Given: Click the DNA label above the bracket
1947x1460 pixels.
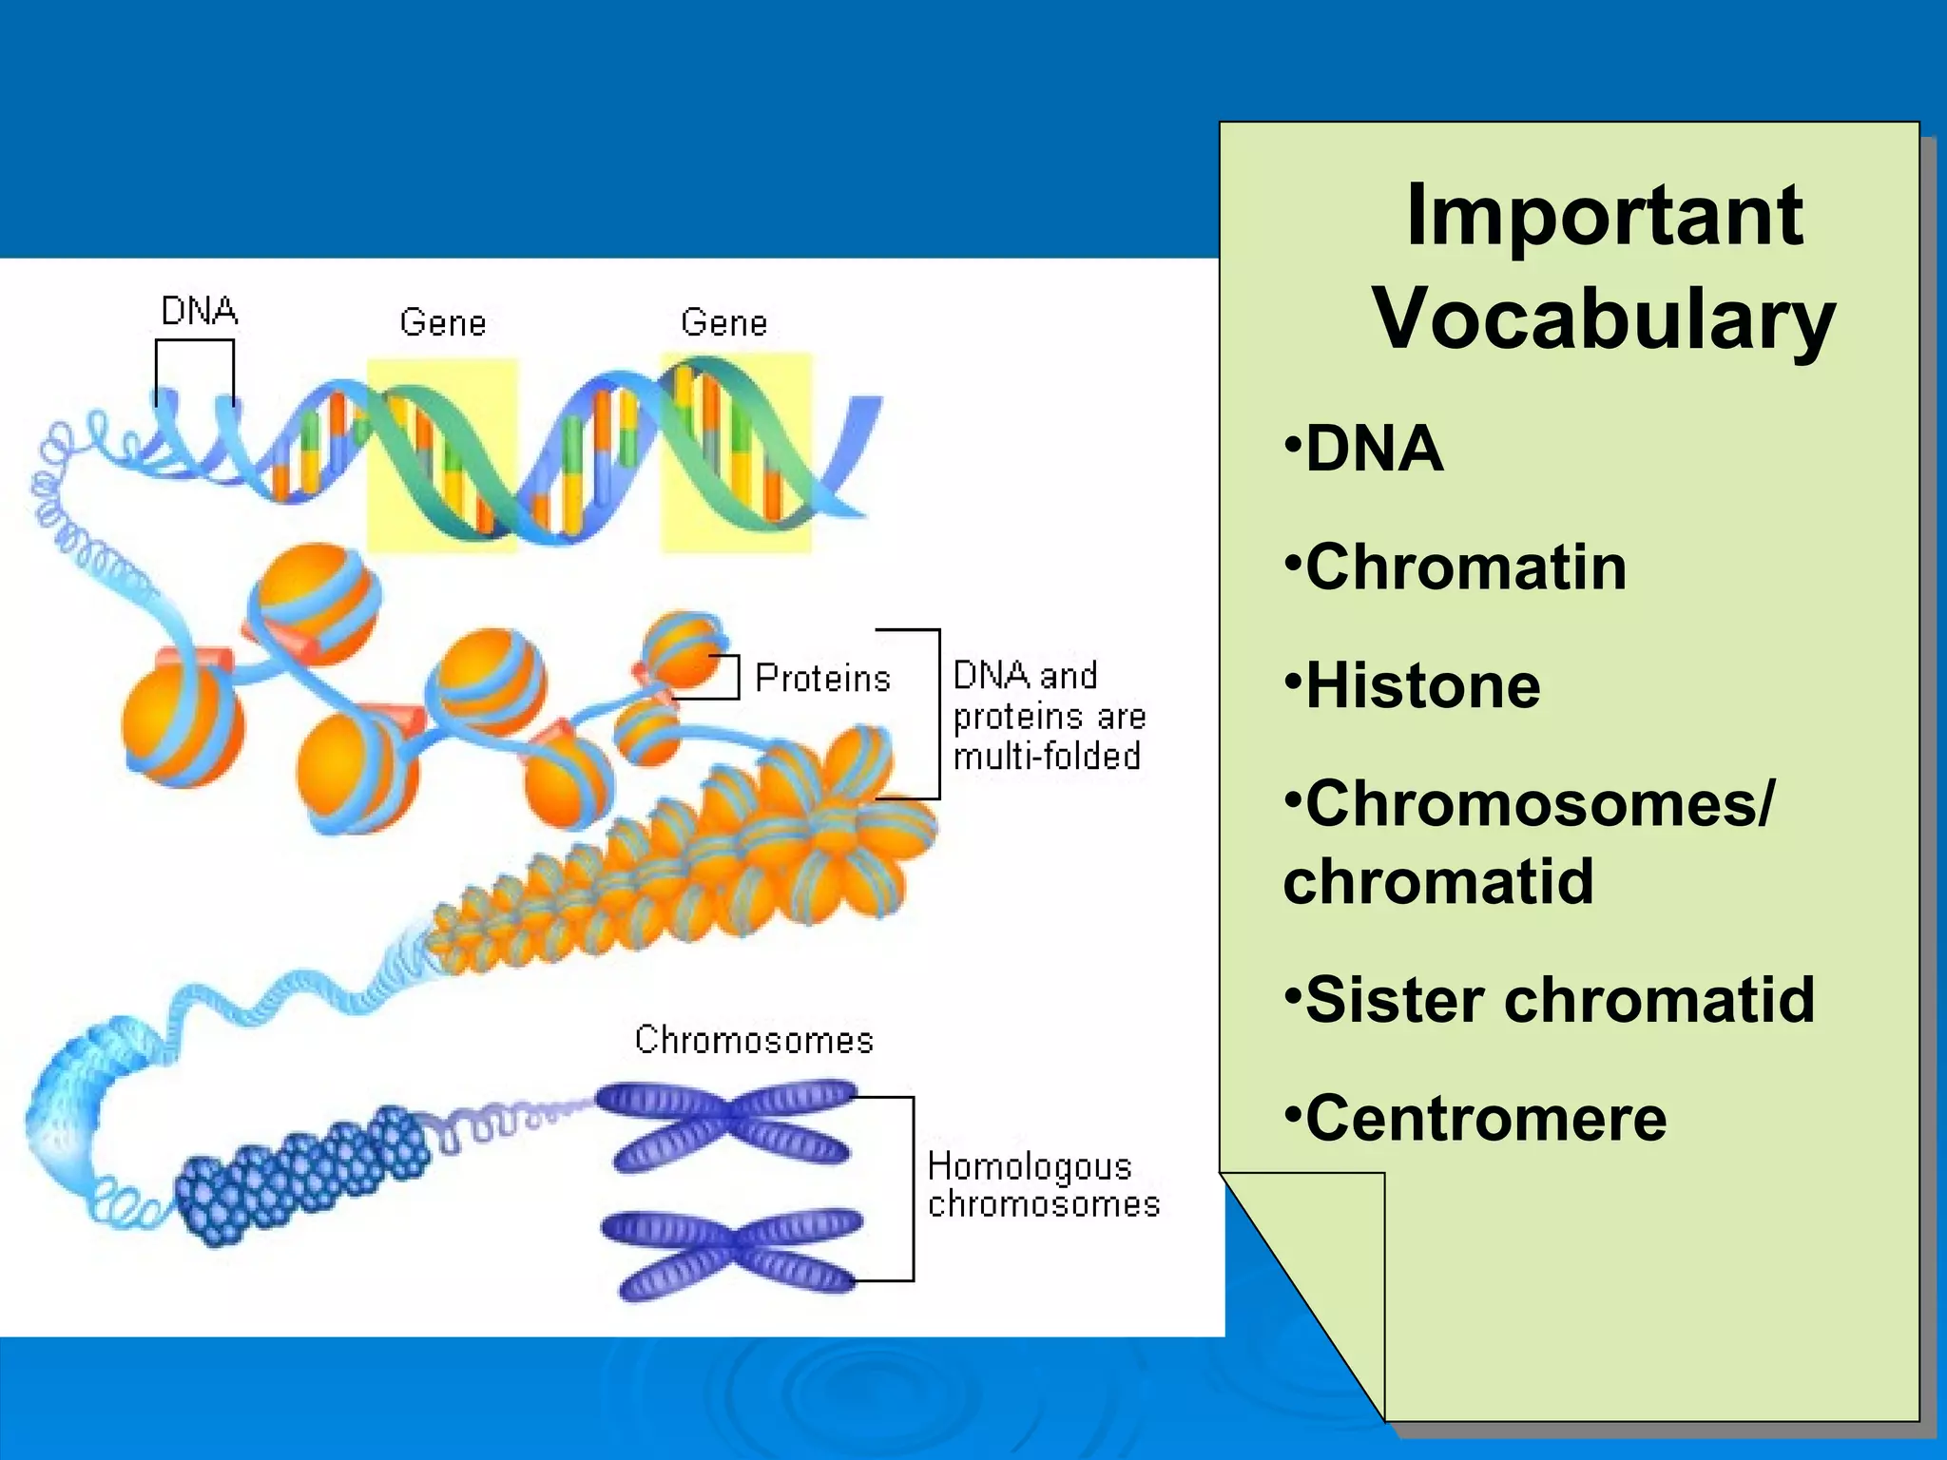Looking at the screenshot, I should [199, 311].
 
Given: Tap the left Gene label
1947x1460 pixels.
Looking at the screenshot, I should [443, 323].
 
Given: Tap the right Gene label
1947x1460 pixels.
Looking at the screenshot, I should [723, 323].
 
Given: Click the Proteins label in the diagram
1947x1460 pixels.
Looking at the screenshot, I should [822, 679].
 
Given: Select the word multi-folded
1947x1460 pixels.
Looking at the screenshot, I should [1047, 757].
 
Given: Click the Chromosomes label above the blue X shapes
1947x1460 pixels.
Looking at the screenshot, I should [754, 1040].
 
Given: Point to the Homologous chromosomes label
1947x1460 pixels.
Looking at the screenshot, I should [1043, 1185].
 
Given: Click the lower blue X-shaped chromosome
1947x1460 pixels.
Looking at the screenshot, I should [733, 1255].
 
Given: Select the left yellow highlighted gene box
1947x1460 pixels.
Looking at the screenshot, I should [443, 454].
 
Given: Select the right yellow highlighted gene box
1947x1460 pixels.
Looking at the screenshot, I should [737, 452].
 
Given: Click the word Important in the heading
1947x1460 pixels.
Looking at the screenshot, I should [1604, 216].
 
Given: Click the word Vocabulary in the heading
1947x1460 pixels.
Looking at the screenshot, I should [1604, 319].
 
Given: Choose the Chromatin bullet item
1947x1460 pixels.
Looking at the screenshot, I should [1464, 567].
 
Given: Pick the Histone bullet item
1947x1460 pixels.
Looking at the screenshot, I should [1421, 686].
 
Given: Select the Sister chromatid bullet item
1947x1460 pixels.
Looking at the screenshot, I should [1559, 1000].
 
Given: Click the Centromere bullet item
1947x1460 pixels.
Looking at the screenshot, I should [1485, 1119].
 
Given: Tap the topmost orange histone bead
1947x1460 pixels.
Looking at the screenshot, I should [315, 603].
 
